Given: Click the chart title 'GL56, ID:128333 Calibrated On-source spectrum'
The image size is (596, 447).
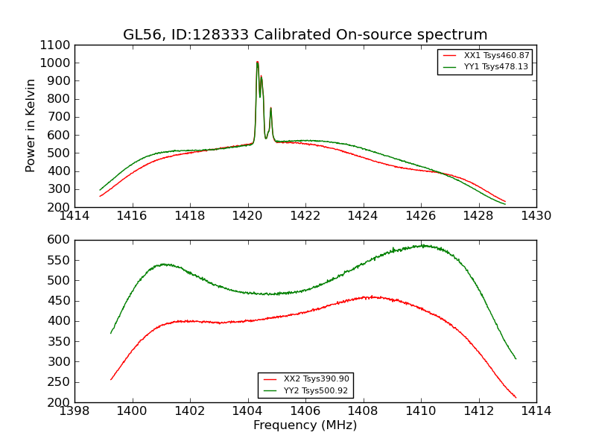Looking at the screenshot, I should point(305,35).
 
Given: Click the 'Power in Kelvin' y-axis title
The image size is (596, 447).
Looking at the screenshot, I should point(31,125).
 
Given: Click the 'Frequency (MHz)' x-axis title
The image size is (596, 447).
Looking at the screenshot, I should point(305,425).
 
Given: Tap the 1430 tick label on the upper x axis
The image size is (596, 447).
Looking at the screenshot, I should point(536,216).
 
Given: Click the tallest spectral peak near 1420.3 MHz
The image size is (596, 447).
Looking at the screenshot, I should point(257,62).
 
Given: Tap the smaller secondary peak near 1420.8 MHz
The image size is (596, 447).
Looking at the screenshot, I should point(270,108).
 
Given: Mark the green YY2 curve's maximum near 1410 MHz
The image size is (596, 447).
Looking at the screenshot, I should point(422,245).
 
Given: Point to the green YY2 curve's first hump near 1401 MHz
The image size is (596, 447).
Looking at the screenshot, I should point(164,264).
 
